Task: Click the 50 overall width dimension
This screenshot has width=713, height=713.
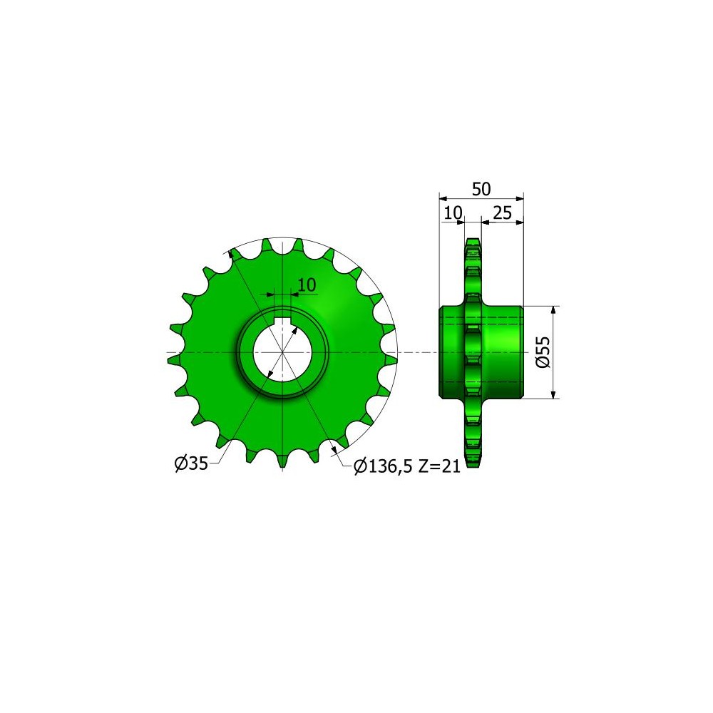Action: (481, 189)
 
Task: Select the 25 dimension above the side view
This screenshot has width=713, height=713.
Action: (502, 212)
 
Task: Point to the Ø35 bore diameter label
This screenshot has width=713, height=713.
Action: (191, 463)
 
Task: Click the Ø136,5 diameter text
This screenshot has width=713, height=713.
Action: (383, 466)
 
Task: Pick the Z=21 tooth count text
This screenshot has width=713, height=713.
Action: (439, 466)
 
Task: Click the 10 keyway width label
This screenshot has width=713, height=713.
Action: (307, 284)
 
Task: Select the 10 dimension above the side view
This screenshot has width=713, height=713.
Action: (453, 212)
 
